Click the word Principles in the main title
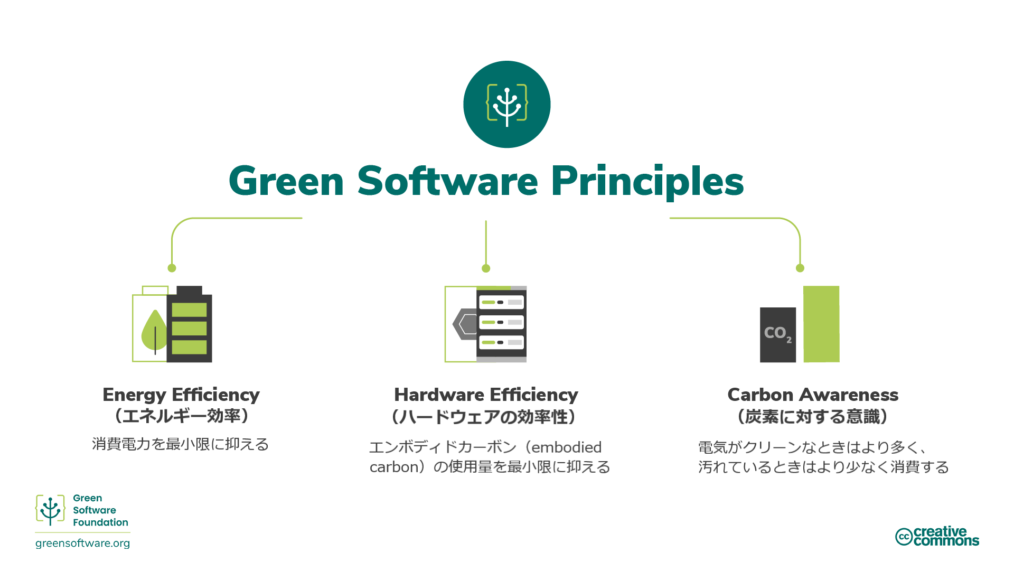coord(647,182)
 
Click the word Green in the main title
coord(286,182)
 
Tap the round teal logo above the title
coord(507,105)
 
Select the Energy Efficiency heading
coord(181,395)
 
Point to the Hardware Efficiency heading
coord(486,395)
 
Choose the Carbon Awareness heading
coord(813,395)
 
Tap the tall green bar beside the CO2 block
coord(821,324)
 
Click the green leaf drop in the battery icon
coord(154,332)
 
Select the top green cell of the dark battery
coord(189,310)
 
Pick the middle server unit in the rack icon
coord(501,322)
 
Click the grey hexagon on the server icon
coord(465,324)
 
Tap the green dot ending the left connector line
coord(172,268)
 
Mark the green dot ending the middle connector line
coord(486,268)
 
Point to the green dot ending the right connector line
coord(800,268)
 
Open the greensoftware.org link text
coord(82,544)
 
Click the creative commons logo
coord(937,536)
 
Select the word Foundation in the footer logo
coord(100,522)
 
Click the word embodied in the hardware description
coord(566,447)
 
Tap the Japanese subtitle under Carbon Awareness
coord(813,417)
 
